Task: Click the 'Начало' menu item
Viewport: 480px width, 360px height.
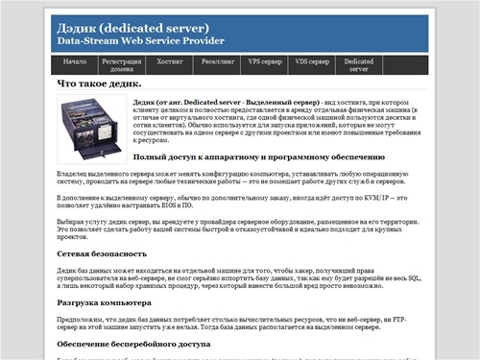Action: coord(75,60)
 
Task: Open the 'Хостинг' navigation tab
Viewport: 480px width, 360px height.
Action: coord(169,60)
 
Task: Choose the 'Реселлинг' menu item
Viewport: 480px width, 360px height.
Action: coord(217,60)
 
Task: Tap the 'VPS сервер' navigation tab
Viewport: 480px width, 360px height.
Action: coord(265,60)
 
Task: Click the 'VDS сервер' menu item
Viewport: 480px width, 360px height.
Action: coord(312,60)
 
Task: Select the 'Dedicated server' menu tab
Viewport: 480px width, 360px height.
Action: coord(359,64)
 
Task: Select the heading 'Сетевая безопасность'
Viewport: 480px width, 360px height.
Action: coord(101,253)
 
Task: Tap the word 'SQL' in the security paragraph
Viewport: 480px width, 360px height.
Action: coord(410,276)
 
